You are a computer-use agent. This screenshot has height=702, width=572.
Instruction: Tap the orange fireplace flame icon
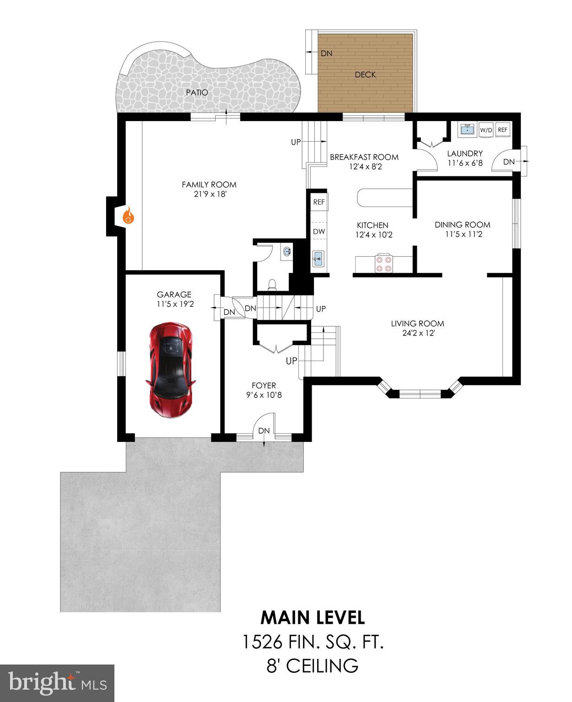point(128,215)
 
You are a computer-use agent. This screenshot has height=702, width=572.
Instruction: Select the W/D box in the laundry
point(486,130)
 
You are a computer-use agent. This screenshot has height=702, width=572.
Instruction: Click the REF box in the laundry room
point(502,130)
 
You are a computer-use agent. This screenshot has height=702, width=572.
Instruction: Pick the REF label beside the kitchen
point(319,202)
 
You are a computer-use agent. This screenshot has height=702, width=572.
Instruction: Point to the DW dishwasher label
point(319,231)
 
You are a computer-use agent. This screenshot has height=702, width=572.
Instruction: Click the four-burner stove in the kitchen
point(383,263)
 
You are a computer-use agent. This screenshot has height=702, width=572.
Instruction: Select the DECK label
point(365,74)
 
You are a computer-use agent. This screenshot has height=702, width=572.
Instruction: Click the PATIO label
point(197,92)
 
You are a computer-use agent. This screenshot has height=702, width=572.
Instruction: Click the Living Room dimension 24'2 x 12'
point(417,333)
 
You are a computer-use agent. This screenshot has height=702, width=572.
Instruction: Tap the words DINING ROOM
point(462,224)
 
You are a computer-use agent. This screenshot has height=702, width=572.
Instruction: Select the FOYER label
point(264,385)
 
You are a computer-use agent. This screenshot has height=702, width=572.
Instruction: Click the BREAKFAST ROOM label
point(364,157)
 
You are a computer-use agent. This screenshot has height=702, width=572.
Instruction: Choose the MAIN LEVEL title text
point(313,617)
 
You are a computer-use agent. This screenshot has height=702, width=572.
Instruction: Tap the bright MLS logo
point(57,683)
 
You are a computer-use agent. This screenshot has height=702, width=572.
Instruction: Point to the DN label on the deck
point(326,53)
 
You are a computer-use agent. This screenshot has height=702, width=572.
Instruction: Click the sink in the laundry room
point(466,129)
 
